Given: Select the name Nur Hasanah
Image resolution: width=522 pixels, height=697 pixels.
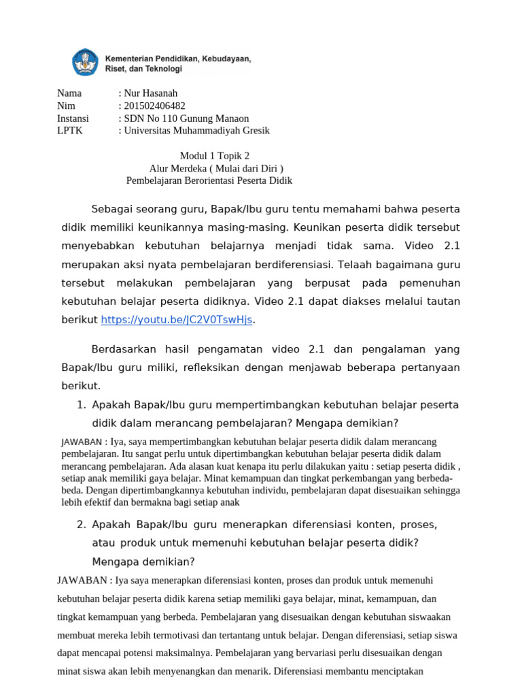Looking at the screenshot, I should [x=150, y=93].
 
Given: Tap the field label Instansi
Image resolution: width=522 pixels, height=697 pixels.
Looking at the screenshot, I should [x=73, y=118].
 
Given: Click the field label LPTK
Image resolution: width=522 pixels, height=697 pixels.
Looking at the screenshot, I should [x=69, y=131].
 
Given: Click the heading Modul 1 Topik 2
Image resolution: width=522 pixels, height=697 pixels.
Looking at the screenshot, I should [x=209, y=156].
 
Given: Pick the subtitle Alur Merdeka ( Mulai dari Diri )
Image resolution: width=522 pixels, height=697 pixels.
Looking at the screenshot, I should [x=216, y=168].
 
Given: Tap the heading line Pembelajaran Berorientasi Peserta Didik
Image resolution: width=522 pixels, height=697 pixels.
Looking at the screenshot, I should [x=209, y=180].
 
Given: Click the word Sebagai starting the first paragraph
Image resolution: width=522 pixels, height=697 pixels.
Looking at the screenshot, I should [x=114, y=208].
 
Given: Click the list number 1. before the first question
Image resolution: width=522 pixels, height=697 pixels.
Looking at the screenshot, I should [x=81, y=405].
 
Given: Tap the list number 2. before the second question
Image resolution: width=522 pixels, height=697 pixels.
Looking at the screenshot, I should [x=81, y=525].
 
